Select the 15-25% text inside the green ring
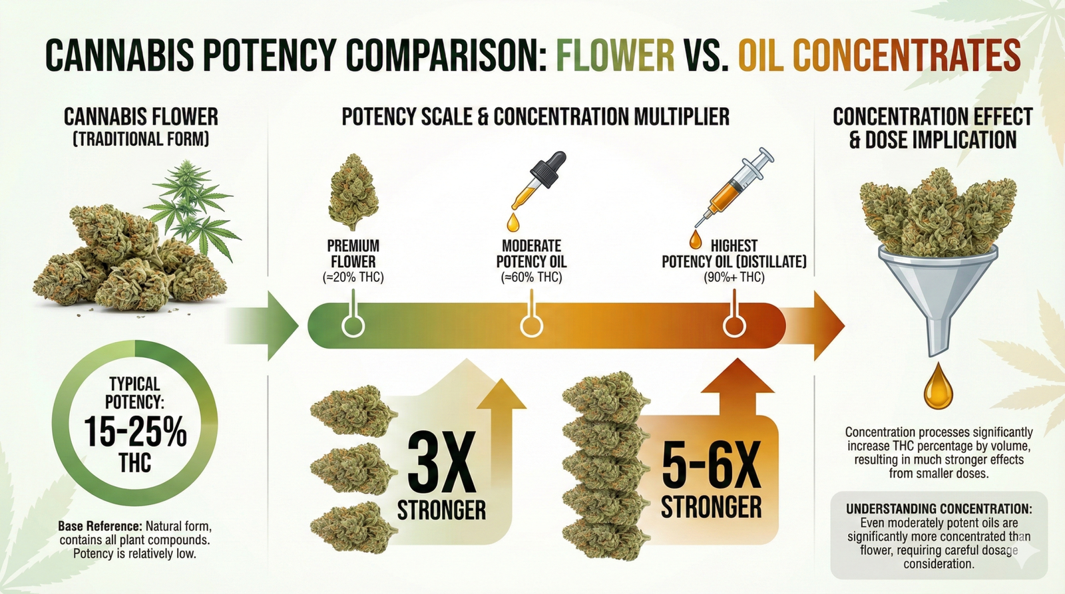click(x=135, y=432)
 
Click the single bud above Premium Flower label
click(x=353, y=192)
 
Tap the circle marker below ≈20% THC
click(x=353, y=326)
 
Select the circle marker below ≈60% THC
click(x=531, y=326)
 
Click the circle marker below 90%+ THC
click(x=734, y=326)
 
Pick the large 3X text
click(x=441, y=463)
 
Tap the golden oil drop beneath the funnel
click(x=938, y=386)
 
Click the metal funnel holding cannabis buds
click(x=938, y=293)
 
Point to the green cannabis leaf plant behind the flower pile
click(x=193, y=200)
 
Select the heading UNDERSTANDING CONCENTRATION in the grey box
click(x=939, y=509)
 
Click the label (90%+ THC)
click(x=734, y=277)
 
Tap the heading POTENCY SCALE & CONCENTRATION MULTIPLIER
click(x=535, y=117)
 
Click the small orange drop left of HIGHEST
click(x=695, y=239)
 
